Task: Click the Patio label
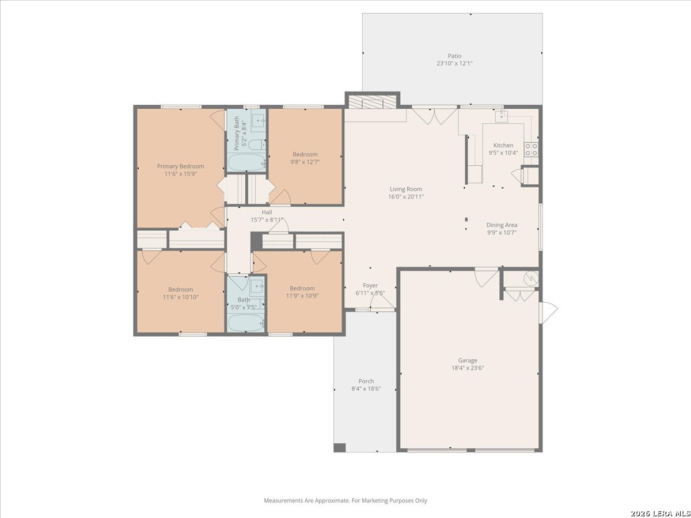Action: click(x=454, y=56)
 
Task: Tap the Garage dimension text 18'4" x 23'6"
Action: click(x=468, y=368)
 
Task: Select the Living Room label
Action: click(x=406, y=189)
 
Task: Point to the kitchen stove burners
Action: click(x=531, y=150)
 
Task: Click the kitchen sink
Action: click(x=501, y=116)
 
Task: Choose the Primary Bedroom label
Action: click(x=180, y=166)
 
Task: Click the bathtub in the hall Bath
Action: click(x=245, y=323)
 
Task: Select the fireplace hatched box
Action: click(x=372, y=102)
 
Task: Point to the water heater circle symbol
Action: click(x=531, y=278)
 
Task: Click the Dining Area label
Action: click(x=502, y=225)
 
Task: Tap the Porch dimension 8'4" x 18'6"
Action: click(x=366, y=389)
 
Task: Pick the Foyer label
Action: click(x=370, y=285)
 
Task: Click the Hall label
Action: click(x=267, y=212)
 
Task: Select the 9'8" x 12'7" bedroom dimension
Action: click(x=305, y=162)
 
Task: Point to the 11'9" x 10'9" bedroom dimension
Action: click(x=302, y=296)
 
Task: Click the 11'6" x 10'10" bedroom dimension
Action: click(x=180, y=297)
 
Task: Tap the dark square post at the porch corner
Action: click(x=340, y=448)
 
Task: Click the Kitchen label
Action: click(x=503, y=145)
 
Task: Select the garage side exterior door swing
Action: click(x=548, y=313)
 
